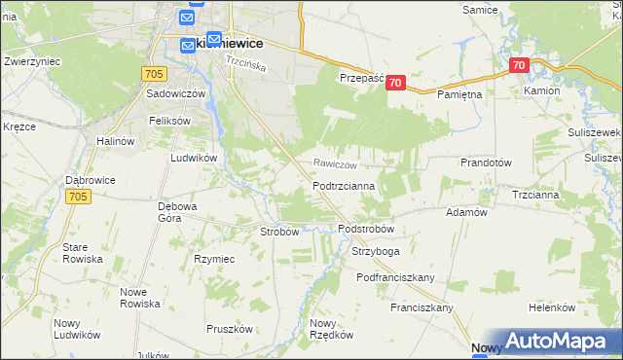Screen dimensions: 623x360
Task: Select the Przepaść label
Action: coord(361,79)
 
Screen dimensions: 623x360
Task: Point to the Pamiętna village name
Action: coord(459,93)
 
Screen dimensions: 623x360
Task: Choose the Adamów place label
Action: coord(465,211)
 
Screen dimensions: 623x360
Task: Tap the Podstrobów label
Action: coord(365,229)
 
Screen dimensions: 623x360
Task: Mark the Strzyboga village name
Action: coord(375,251)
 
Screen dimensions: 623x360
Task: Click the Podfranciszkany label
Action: coord(395,277)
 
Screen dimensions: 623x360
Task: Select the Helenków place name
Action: coord(553,307)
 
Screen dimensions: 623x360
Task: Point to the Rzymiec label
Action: coord(214,259)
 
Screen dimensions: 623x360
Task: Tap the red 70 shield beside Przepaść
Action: coord(394,84)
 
